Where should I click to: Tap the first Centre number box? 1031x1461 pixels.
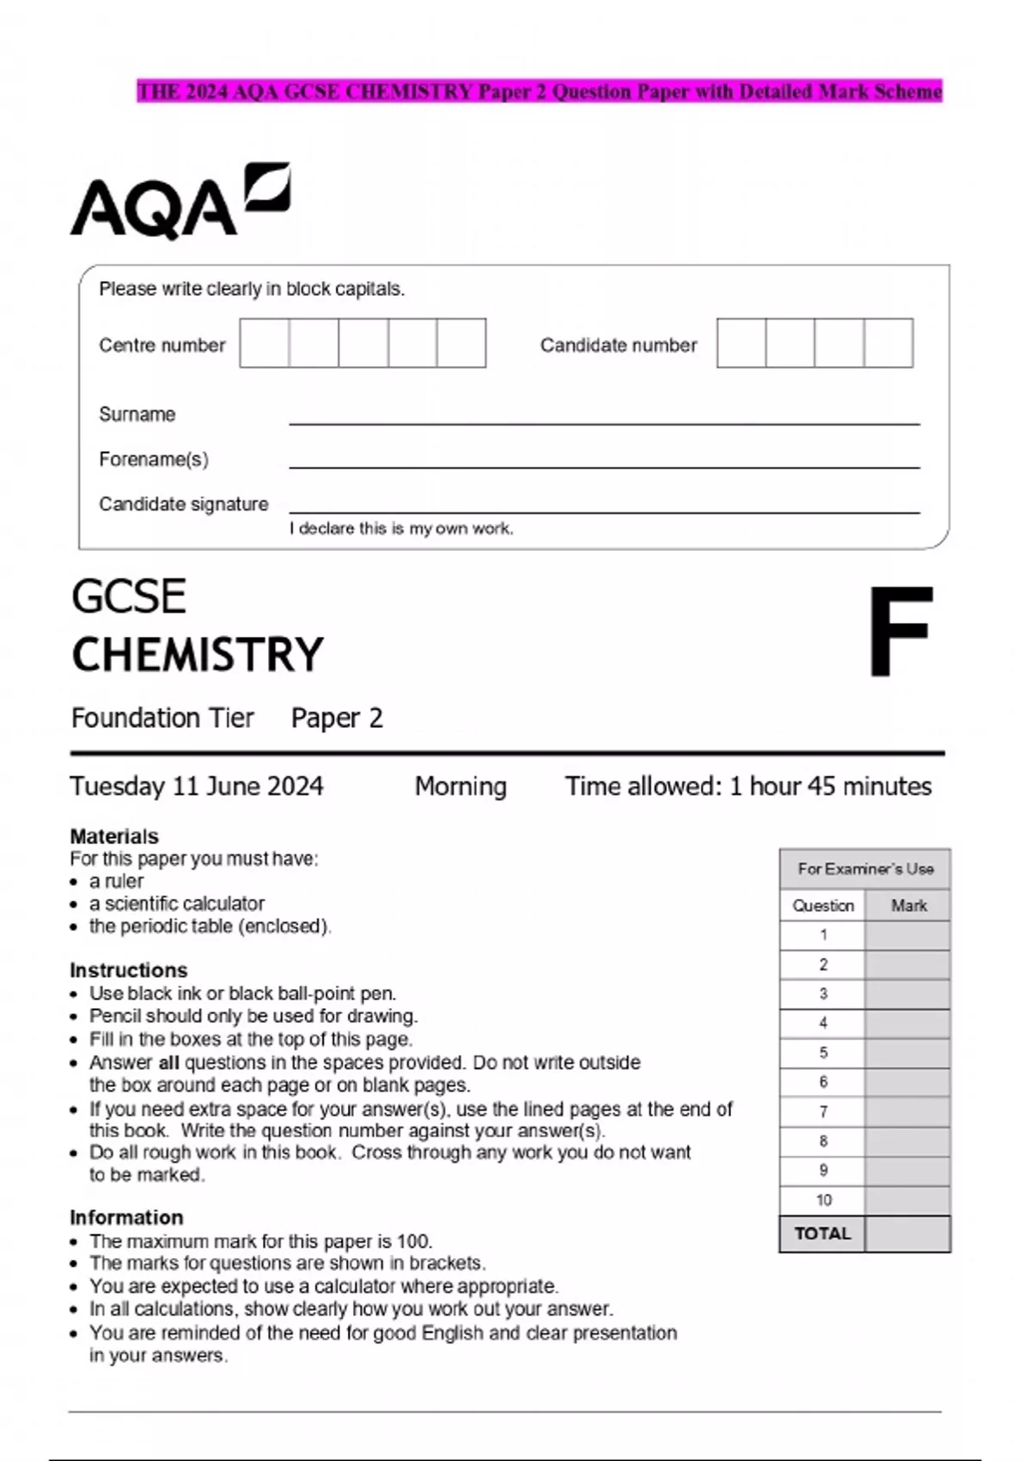point(264,343)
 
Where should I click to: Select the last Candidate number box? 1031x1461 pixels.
point(888,343)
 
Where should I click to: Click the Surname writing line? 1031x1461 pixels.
point(603,421)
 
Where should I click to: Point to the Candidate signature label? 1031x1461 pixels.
point(183,504)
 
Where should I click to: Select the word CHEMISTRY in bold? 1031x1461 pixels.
point(198,655)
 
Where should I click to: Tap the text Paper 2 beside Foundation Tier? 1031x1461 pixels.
point(337,718)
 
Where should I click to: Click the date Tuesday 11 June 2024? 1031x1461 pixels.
point(197,786)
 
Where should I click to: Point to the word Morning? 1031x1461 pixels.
point(461,786)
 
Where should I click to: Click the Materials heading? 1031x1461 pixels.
point(114,836)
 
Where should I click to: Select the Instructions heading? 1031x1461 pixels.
point(128,970)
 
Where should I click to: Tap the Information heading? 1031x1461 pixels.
point(126,1218)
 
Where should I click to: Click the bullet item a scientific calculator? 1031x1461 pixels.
point(177,904)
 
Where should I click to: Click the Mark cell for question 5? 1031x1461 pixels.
point(907,1053)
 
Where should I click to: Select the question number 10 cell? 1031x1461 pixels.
point(823,1201)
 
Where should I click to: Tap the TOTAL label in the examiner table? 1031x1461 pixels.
point(822,1234)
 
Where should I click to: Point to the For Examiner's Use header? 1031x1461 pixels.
point(864,869)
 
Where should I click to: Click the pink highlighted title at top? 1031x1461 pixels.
point(540,91)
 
